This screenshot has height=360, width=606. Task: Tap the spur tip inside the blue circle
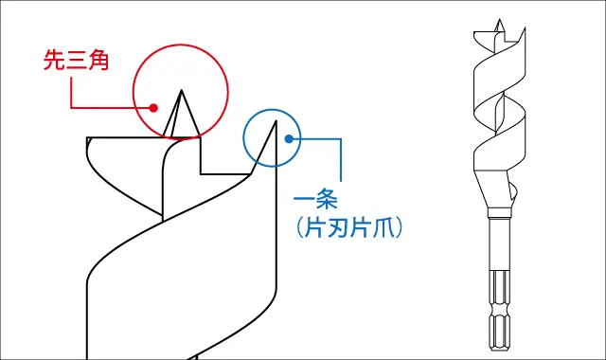[275, 120]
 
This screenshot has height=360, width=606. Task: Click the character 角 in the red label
[98, 62]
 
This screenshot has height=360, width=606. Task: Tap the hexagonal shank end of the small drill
[497, 327]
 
